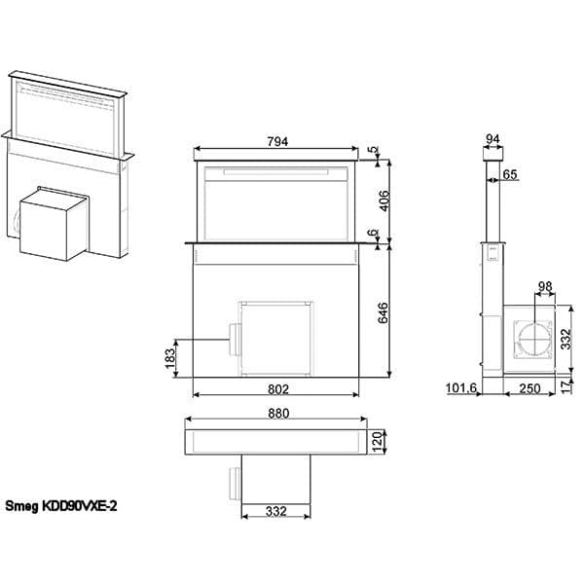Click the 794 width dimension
(x=277, y=141)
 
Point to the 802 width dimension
(x=277, y=388)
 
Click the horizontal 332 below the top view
(x=276, y=511)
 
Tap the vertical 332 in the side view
(x=566, y=338)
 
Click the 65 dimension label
(x=511, y=174)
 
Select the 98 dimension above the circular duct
(x=544, y=286)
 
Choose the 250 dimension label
(x=529, y=388)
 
